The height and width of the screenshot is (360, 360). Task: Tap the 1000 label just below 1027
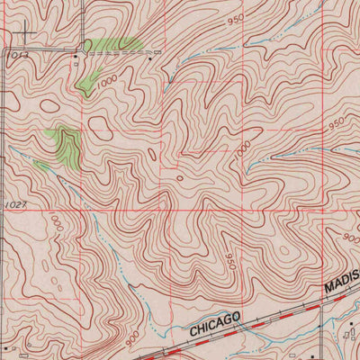tap(56, 222)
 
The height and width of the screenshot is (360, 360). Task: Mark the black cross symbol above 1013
tap(24, 35)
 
